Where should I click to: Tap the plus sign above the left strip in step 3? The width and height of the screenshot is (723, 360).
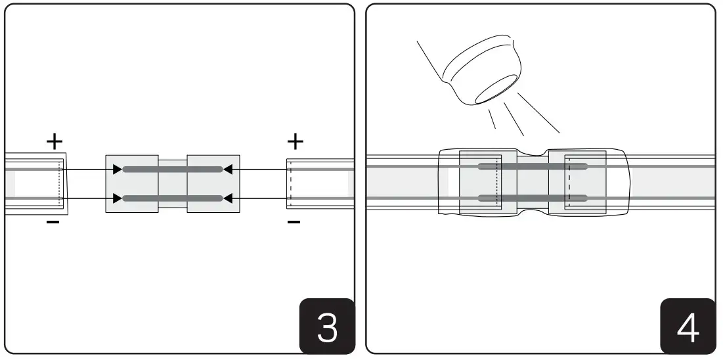tap(54, 141)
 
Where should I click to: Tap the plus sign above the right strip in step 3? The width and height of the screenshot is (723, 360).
tap(296, 141)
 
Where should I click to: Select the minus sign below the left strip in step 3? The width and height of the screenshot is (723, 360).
tap(54, 223)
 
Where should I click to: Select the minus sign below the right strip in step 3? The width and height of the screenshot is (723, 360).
tap(294, 223)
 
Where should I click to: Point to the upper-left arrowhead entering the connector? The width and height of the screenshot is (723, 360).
tap(117, 169)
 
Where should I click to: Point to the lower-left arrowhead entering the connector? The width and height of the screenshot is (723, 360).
tap(117, 198)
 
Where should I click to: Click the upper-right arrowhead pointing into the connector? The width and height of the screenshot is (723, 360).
tap(228, 169)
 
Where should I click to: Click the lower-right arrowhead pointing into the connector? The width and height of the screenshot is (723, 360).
tap(228, 198)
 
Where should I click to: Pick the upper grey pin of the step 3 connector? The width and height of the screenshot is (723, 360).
tap(172, 169)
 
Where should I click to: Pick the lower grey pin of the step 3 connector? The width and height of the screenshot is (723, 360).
tap(172, 198)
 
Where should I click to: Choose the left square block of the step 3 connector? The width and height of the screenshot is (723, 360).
tap(132, 184)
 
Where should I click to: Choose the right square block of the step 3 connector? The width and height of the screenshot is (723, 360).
tap(213, 184)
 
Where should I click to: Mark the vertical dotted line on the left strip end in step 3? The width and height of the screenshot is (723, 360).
tap(60, 184)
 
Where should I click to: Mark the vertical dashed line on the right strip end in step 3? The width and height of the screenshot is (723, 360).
tap(290, 184)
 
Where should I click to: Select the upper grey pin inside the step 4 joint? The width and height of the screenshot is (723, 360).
tap(532, 166)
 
